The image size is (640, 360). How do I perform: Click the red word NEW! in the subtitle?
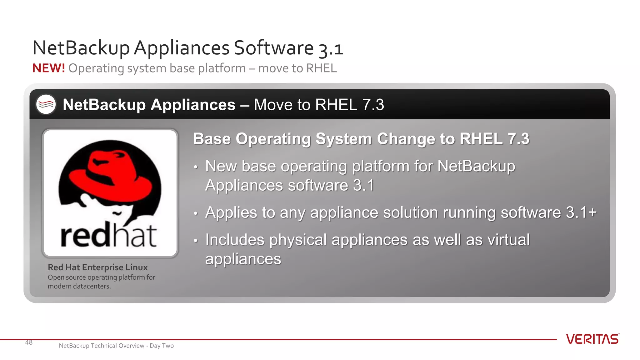pyautogui.click(x=48, y=68)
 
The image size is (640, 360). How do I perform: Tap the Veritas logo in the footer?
pyautogui.click(x=592, y=339)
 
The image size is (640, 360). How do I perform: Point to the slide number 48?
pyautogui.click(x=29, y=342)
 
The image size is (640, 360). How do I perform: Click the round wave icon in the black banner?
pyautogui.click(x=46, y=104)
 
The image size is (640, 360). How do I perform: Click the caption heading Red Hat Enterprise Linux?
pyautogui.click(x=97, y=267)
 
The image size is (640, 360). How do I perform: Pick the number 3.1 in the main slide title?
pyautogui.click(x=331, y=49)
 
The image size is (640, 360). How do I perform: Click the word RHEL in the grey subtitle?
pyautogui.click(x=321, y=68)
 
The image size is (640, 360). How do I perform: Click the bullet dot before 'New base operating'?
pyautogui.click(x=196, y=167)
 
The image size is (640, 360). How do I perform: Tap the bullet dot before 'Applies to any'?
pyautogui.click(x=196, y=214)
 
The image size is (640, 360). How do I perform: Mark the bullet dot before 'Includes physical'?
pyautogui.click(x=196, y=241)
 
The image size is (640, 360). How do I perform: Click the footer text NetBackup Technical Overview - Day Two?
pyautogui.click(x=116, y=346)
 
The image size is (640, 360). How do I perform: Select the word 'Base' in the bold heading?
pyautogui.click(x=212, y=139)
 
